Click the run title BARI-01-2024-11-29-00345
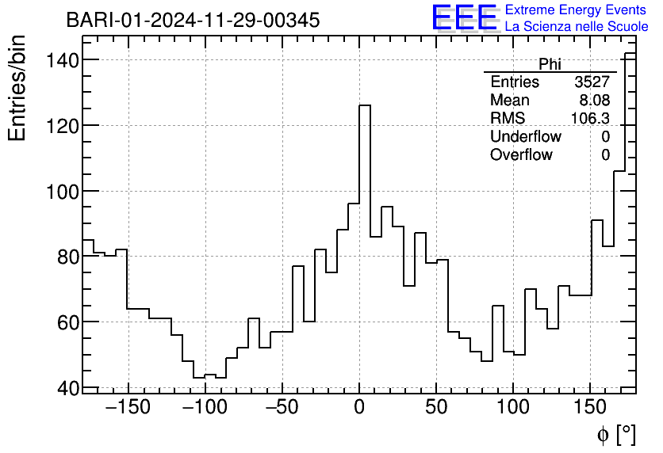[x=193, y=20]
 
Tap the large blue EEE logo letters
[x=465, y=18]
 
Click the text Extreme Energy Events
[x=577, y=10]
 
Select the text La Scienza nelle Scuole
[x=577, y=27]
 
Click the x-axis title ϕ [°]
[x=616, y=434]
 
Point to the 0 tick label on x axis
[x=359, y=408]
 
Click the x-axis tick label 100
[x=512, y=408]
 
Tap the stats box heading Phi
[x=550, y=64]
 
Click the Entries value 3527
[x=592, y=82]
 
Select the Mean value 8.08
[x=596, y=101]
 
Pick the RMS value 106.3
[x=591, y=119]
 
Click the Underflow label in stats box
[x=525, y=137]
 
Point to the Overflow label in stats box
[x=521, y=155]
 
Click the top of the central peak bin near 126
[x=365, y=105]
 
